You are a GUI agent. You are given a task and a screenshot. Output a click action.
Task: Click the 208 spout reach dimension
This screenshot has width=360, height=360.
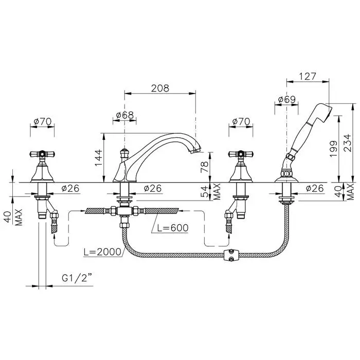coord(160,88)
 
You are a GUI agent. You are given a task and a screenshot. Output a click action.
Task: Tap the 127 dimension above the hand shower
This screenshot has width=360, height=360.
coord(308,76)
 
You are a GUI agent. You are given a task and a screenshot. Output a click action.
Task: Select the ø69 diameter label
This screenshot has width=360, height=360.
coord(287,99)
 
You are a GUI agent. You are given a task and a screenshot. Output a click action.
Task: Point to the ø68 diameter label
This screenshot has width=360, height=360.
coord(124,115)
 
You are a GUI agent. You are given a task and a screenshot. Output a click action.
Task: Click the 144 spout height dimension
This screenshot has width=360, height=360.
coord(99,157)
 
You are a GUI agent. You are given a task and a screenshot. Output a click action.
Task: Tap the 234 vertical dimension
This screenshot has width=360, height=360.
coord(347,142)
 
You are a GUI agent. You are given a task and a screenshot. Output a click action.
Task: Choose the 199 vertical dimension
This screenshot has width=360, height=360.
coord(333,149)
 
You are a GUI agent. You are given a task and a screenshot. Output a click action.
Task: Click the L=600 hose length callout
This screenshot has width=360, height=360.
coord(173,228)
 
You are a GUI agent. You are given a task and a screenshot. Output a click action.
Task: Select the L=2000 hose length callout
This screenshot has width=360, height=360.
coord(102,251)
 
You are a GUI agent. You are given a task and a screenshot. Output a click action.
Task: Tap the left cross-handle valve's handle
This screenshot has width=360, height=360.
coord(42,154)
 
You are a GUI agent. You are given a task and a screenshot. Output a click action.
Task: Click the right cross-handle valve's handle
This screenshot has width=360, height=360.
coord(241,154)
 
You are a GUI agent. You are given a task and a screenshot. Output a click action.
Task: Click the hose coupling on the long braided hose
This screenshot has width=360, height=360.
coord(231,255)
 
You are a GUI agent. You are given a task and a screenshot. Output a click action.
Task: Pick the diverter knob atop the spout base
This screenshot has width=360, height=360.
coord(124,152)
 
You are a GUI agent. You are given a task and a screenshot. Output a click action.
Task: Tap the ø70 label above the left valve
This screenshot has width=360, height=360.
coord(43,121)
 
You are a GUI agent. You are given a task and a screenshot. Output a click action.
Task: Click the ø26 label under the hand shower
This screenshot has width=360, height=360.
coord(315,189)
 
